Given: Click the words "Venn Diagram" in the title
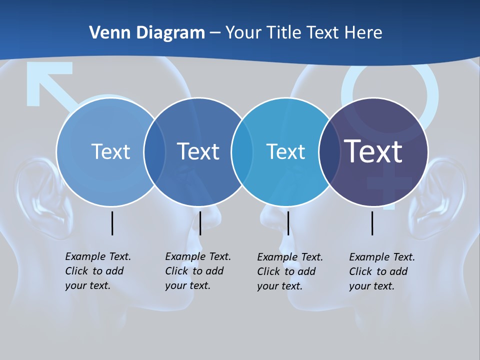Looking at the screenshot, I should [147, 33].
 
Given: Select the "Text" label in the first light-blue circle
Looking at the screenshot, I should [110, 151].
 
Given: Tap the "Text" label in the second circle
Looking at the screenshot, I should [198, 151].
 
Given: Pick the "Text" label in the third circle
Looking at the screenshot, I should [285, 151].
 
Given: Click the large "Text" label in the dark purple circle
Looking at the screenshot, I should [373, 151].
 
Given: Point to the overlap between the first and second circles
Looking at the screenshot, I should [154, 151].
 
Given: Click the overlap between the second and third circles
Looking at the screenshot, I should [242, 151].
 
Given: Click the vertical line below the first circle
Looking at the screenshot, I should [112, 223].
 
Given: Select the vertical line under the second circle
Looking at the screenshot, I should [200, 223].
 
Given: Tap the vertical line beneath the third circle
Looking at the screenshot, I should [288, 223].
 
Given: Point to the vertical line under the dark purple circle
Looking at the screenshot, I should [372, 223].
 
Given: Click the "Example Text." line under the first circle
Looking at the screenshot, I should [98, 256].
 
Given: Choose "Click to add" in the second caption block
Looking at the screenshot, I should [194, 271].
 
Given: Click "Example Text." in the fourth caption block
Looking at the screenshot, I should [382, 257].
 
